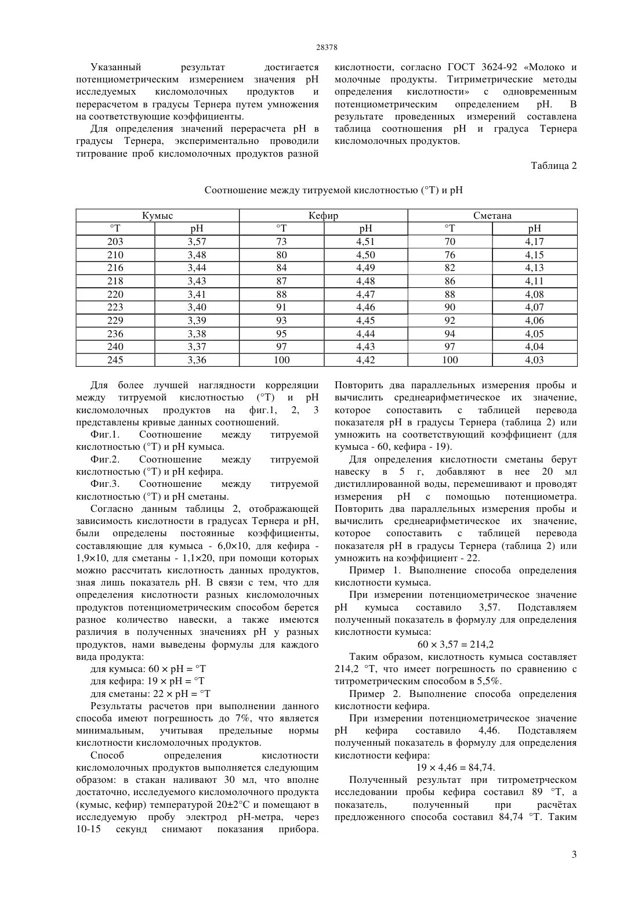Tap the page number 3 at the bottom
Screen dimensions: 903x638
574,854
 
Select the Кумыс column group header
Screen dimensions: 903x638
157,215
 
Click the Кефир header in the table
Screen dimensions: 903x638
323,215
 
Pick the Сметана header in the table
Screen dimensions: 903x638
492,215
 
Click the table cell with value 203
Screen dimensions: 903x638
115,242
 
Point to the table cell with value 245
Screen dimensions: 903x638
115,360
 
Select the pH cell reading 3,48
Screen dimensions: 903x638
197,255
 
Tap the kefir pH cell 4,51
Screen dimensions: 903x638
365,242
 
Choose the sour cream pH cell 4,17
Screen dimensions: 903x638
534,242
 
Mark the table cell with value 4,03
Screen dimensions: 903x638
534,360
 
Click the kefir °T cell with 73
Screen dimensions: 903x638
281,242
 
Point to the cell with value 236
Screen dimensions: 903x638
115,334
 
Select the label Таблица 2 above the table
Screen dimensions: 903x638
553,165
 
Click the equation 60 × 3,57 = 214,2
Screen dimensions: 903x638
455,644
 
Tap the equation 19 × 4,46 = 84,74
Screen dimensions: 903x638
455,767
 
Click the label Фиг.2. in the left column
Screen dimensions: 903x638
105,459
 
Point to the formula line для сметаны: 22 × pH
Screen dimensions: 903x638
150,693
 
